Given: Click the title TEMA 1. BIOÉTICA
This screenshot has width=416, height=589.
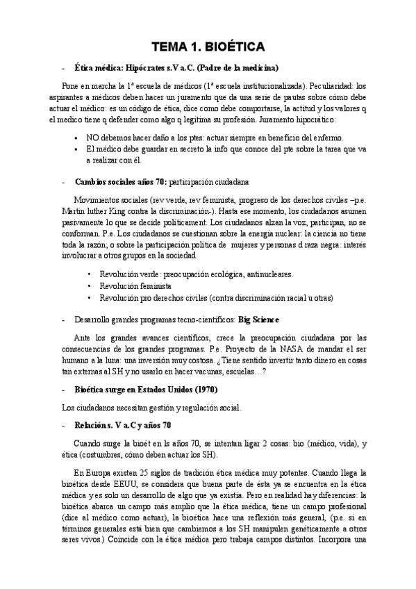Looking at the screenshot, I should click(x=208, y=47).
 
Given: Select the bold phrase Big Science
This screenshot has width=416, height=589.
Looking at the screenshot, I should click(x=258, y=320).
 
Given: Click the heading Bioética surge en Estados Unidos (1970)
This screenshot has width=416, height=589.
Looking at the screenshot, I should click(x=147, y=390).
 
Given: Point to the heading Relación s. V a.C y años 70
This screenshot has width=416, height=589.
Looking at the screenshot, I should click(x=122, y=424).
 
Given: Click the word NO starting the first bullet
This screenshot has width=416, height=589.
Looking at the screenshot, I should click(x=93, y=138).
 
